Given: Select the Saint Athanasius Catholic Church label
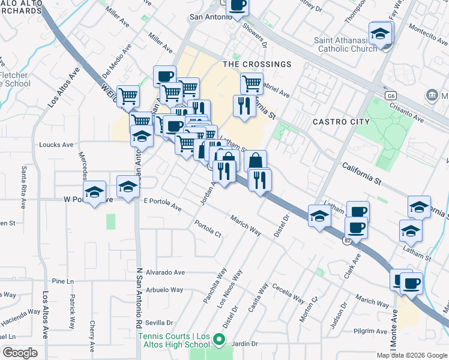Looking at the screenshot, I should (x=348, y=44).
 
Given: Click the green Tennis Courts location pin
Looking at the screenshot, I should (x=219, y=341).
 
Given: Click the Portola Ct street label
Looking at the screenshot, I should (x=208, y=229).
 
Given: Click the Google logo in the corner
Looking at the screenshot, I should (x=20, y=353).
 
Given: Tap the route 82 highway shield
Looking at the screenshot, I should (x=347, y=241).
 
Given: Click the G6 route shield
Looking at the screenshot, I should (x=391, y=95).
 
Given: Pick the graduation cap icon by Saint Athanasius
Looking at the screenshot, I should (x=380, y=34).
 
